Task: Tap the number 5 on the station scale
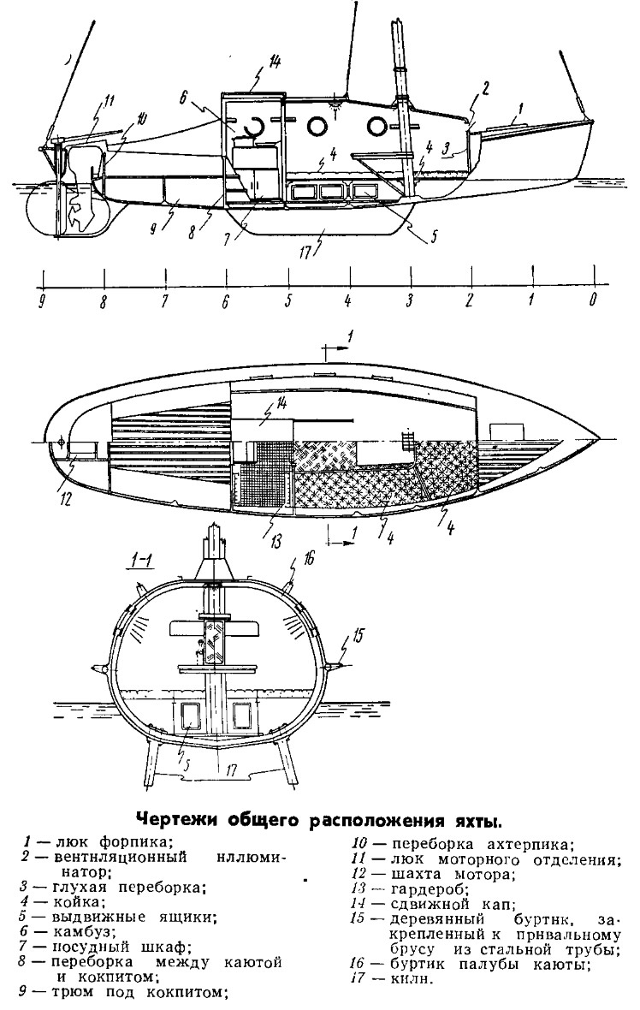click(289, 301)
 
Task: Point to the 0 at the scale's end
click(592, 301)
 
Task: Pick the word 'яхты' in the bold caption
click(471, 822)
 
